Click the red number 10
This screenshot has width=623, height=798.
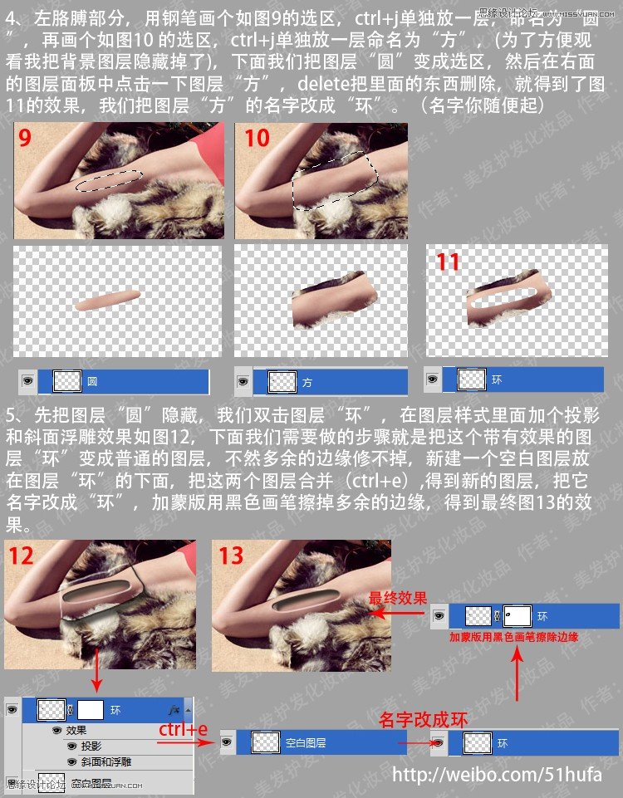pyautogui.click(x=257, y=137)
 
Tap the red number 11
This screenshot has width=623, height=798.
pyautogui.click(x=448, y=262)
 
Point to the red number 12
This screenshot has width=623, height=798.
pyautogui.click(x=21, y=555)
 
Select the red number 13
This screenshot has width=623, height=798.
pyautogui.click(x=231, y=555)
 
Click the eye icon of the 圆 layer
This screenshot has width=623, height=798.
pyautogui.click(x=28, y=381)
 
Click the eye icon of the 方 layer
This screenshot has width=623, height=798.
pyautogui.click(x=243, y=382)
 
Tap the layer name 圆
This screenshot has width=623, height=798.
pyautogui.click(x=92, y=382)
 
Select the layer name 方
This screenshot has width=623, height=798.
pyautogui.click(x=307, y=383)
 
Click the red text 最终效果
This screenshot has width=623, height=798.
pyautogui.click(x=398, y=598)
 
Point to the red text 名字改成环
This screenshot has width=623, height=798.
pyautogui.click(x=423, y=719)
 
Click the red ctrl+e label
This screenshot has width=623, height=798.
pyautogui.click(x=184, y=729)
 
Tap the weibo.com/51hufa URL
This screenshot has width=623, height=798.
pyautogui.click(x=497, y=775)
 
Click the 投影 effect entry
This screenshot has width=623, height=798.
pyautogui.click(x=91, y=746)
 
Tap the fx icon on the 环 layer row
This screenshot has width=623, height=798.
pyautogui.click(x=174, y=711)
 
